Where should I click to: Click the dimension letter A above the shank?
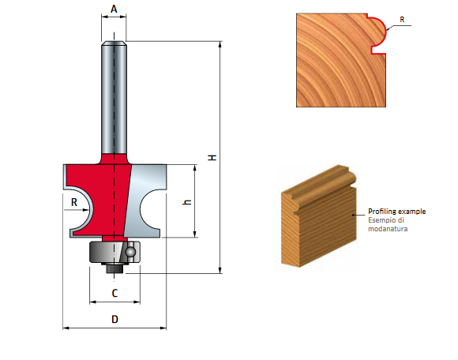(114, 9)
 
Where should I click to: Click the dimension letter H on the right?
(211, 158)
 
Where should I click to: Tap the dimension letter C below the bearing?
(114, 293)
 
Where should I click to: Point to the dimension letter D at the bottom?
(114, 319)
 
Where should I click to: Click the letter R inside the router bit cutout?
(74, 202)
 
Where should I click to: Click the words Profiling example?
(396, 212)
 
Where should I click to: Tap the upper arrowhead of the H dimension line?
(219, 44)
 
